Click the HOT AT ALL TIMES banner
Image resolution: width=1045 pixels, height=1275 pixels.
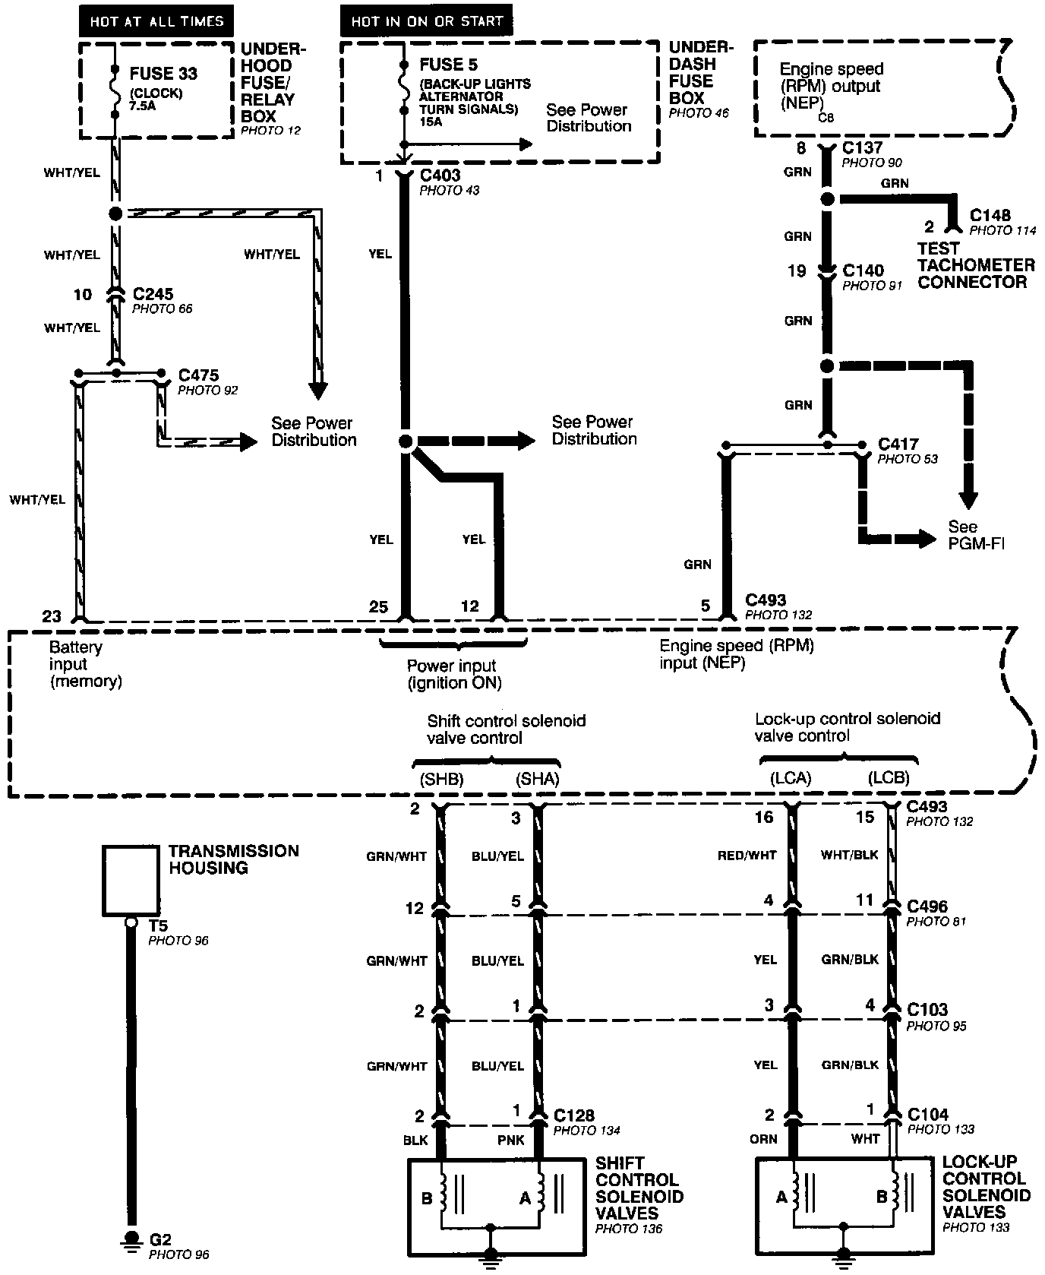point(156,21)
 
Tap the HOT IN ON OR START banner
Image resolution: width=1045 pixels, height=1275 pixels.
point(426,21)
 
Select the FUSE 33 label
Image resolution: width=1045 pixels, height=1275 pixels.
point(163,74)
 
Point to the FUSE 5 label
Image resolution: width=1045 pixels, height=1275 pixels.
point(448,65)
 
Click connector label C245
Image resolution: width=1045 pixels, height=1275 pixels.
point(153,294)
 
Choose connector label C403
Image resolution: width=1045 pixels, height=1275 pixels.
point(440,176)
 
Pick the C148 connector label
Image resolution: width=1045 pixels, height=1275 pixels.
point(990,216)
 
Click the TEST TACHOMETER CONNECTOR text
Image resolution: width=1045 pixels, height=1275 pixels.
point(976,265)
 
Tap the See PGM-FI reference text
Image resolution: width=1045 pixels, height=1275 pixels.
point(976,535)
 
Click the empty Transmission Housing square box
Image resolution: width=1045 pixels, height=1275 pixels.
point(131,881)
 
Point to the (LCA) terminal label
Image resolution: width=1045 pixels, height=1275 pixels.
point(791,778)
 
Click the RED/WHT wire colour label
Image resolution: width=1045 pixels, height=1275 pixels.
point(747,856)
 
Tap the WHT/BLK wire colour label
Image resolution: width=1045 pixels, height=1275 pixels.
point(849,856)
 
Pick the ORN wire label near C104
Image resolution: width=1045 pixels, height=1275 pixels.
point(764,1139)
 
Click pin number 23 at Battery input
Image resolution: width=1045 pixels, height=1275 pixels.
point(51,616)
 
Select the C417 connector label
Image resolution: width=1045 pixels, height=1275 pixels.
point(898,444)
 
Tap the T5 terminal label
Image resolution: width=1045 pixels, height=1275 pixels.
point(158,926)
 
